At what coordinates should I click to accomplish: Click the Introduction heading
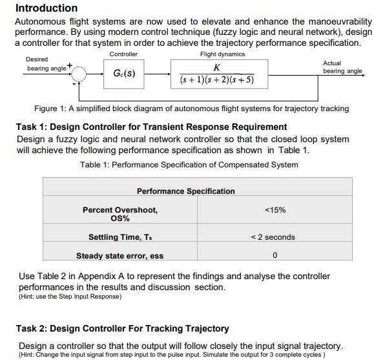click(x=46, y=8)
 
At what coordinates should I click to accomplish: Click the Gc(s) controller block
click(x=124, y=74)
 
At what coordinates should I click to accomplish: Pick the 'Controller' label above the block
click(x=123, y=54)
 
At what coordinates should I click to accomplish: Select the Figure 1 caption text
click(x=191, y=109)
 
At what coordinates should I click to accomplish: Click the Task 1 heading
click(x=151, y=127)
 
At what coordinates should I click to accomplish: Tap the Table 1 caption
click(x=189, y=165)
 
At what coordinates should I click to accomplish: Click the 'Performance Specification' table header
click(x=186, y=191)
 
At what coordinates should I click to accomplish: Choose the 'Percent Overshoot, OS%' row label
click(x=120, y=214)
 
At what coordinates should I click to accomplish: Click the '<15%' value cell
click(x=275, y=210)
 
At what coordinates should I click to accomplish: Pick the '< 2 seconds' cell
click(x=273, y=237)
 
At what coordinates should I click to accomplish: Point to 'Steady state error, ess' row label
click(x=120, y=256)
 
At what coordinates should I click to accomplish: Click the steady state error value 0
click(x=275, y=256)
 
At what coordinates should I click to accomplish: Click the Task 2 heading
click(x=123, y=328)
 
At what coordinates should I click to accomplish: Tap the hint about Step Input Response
click(x=70, y=297)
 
